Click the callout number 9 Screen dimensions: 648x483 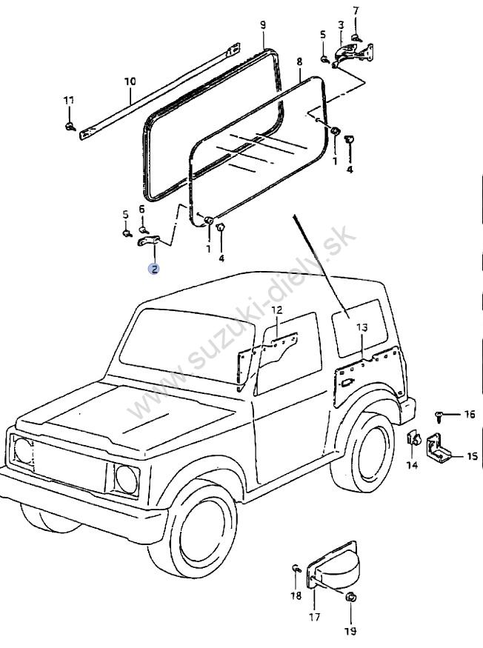[x=263, y=25]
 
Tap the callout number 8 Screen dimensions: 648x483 [x=299, y=61]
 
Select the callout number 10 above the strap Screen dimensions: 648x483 [x=130, y=80]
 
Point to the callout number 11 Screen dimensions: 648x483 [x=68, y=100]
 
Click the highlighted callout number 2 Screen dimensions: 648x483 [x=154, y=269]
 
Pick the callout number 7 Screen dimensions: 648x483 [x=356, y=10]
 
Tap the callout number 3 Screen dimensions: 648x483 [x=340, y=24]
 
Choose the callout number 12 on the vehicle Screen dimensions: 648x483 [x=276, y=310]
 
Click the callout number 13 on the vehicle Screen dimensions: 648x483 [x=362, y=327]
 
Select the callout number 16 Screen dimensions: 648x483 [x=470, y=415]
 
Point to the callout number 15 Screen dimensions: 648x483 [x=472, y=456]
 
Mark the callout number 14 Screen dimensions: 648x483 [x=412, y=464]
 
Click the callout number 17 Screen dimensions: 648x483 [x=314, y=616]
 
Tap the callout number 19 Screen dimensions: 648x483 [x=350, y=631]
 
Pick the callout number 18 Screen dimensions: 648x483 [x=296, y=595]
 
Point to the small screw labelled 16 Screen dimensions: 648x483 [x=440, y=416]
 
